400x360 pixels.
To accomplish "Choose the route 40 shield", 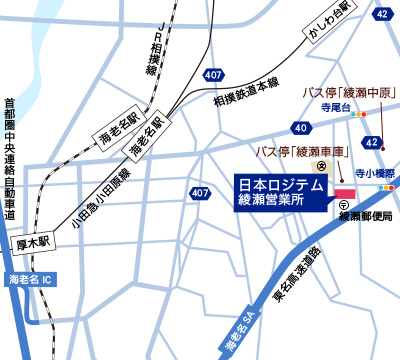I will [x=301, y=128].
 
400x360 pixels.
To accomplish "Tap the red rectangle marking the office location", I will [x=346, y=192].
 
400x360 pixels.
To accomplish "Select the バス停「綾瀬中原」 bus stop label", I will [x=345, y=93].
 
